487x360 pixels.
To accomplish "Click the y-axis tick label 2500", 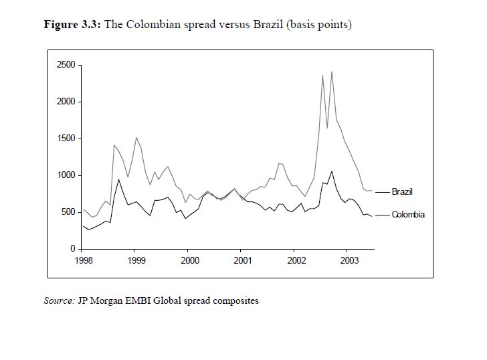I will pos(66,65).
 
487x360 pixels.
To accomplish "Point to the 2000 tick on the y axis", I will pos(66,102).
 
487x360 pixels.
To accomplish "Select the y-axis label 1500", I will pos(66,139).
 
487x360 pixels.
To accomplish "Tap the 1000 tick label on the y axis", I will pos(66,175).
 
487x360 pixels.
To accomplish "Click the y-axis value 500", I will pos(68,212).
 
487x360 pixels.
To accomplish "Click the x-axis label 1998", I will pos(83,260).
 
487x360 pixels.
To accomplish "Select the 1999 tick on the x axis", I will pos(136,260).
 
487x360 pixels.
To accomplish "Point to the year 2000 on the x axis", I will pos(189,260).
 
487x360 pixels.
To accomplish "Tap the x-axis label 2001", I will pos(242,260).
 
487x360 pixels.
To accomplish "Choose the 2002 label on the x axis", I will pos(296,260).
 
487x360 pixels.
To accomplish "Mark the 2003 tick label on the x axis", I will pos(349,260).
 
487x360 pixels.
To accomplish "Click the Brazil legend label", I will pos(402,192).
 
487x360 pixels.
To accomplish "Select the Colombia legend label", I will pos(408,215).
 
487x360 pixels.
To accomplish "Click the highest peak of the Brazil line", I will pos(332,72).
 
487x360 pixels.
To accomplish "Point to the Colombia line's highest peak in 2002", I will pos(332,171).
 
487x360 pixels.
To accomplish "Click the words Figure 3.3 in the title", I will pos(71,25).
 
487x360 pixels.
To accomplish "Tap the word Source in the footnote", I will pos(59,300).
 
